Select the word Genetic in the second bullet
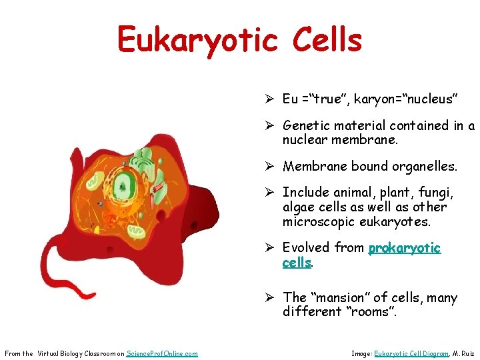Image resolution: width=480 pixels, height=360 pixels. click(x=307, y=125)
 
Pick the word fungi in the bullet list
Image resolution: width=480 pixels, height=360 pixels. click(x=437, y=193)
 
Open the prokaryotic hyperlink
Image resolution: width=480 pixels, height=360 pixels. click(x=405, y=248)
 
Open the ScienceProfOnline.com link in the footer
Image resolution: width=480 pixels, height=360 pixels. click(x=162, y=353)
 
